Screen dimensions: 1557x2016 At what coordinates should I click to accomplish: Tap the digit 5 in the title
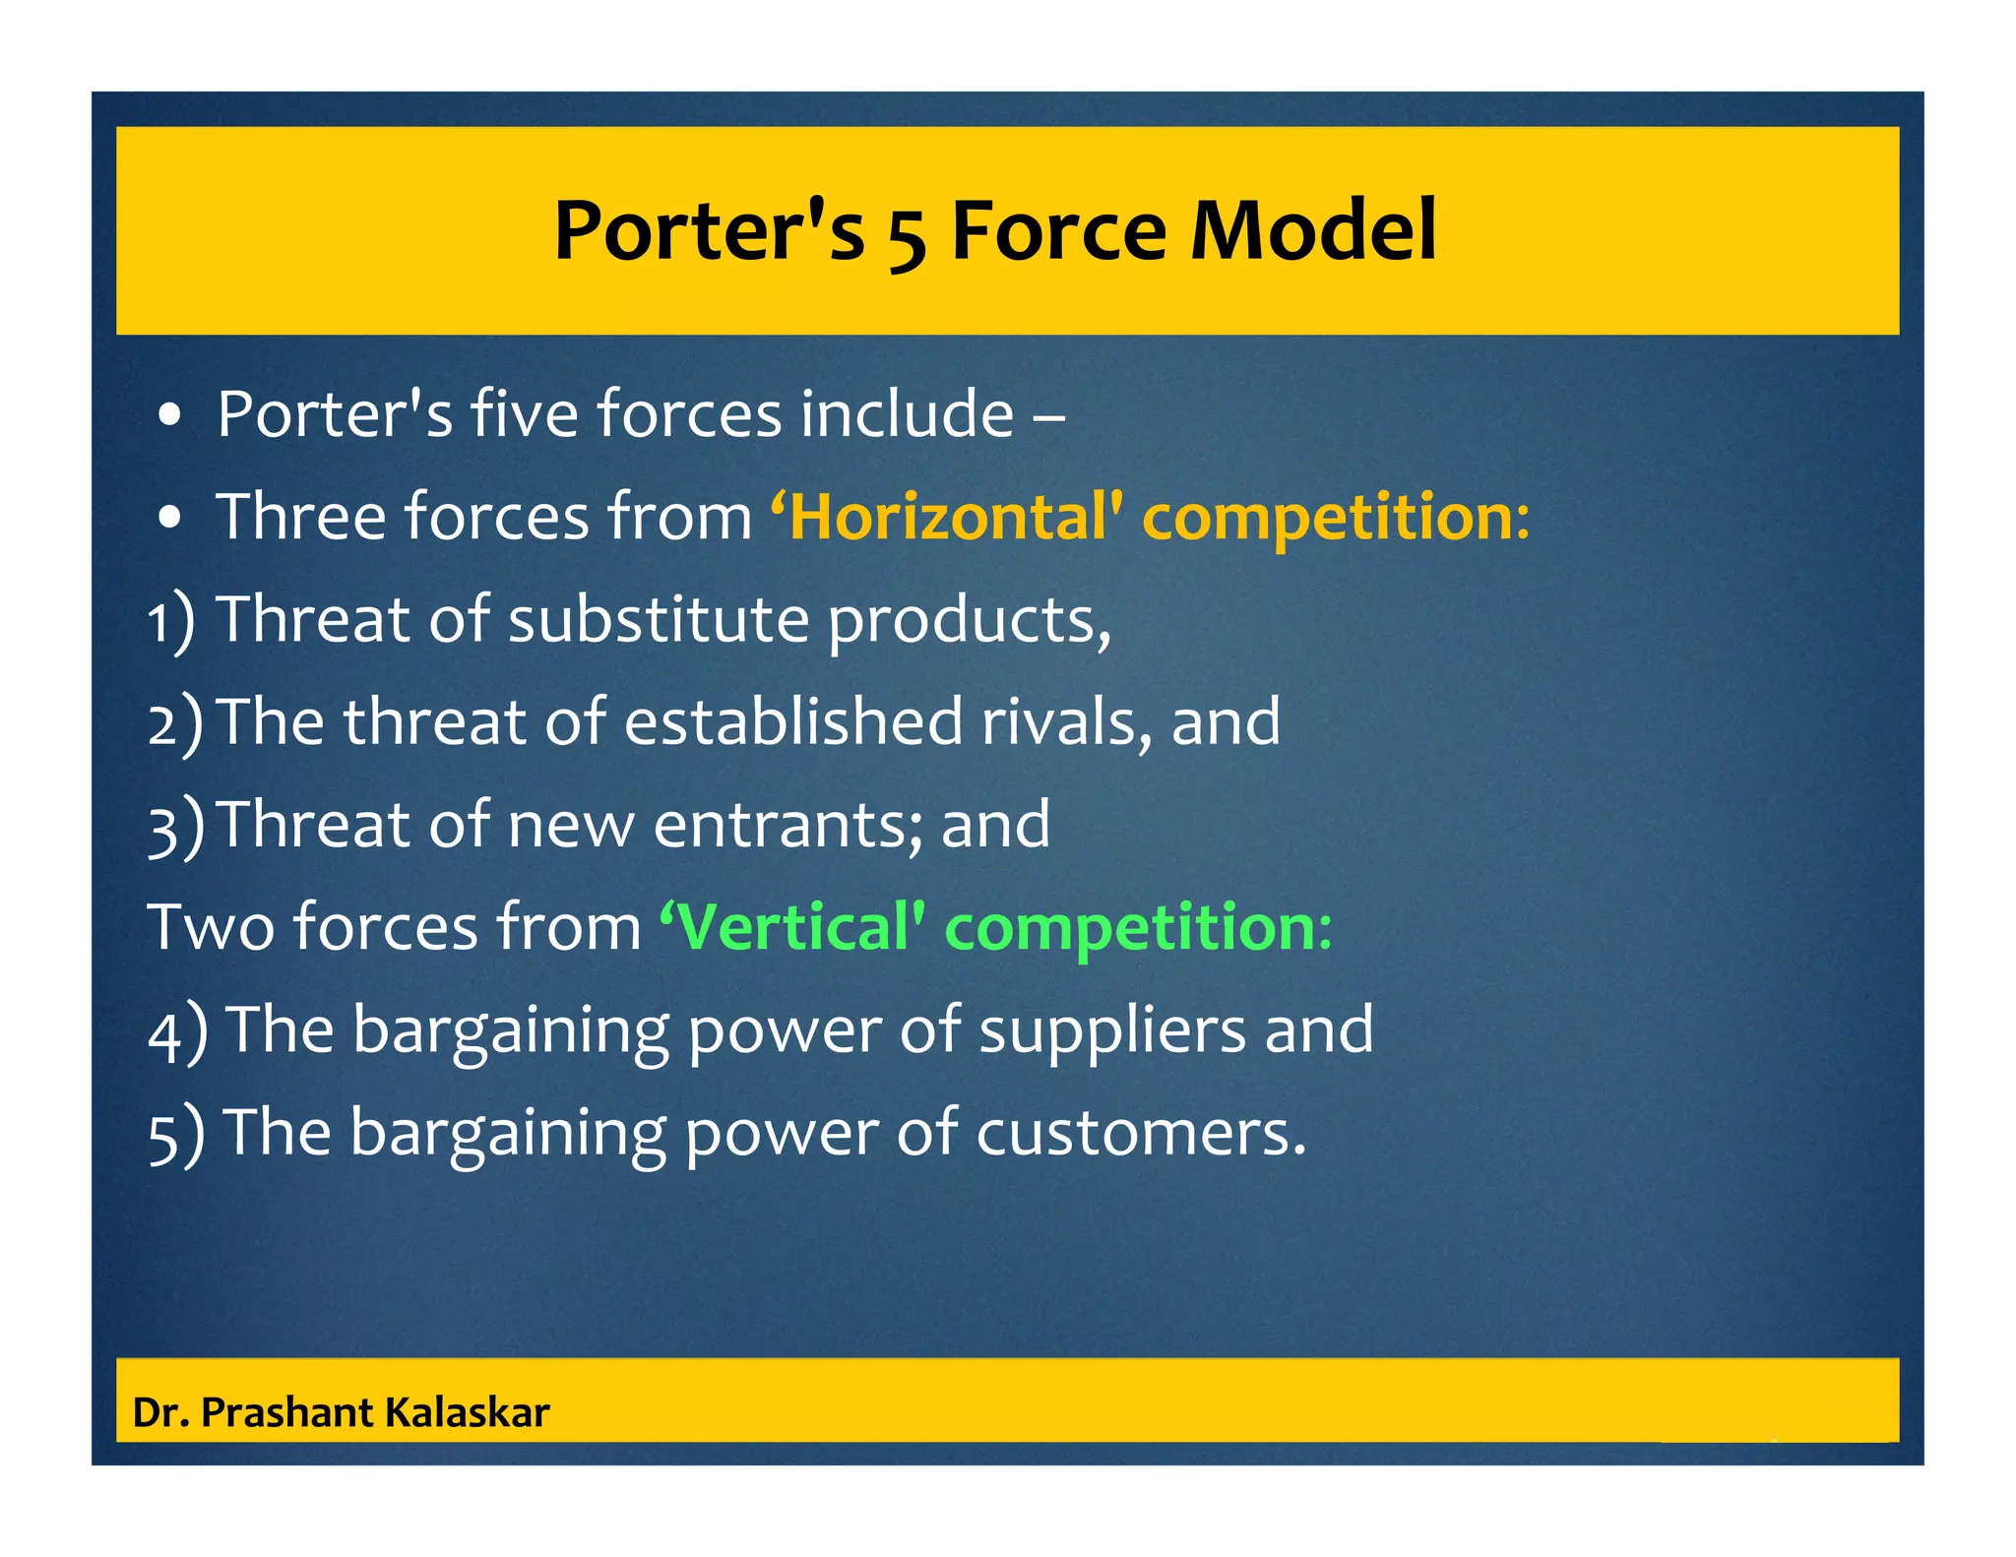(906, 236)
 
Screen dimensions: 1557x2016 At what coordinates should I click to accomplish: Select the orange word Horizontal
(951, 517)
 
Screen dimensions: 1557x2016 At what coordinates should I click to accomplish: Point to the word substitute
(658, 620)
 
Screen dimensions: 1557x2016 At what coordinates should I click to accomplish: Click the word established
(793, 721)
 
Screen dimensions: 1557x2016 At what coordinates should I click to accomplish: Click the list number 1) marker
(171, 622)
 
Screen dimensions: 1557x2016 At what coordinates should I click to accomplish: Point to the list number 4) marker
(177, 1031)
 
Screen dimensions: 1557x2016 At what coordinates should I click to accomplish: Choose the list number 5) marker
(176, 1134)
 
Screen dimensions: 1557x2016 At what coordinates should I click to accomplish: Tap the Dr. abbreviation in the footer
(160, 1412)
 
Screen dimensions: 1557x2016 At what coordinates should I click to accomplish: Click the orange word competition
(1335, 519)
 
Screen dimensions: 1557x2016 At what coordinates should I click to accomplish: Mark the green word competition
(1138, 927)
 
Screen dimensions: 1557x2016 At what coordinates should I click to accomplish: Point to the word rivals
(1066, 721)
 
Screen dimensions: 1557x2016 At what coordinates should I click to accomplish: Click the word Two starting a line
(210, 927)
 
